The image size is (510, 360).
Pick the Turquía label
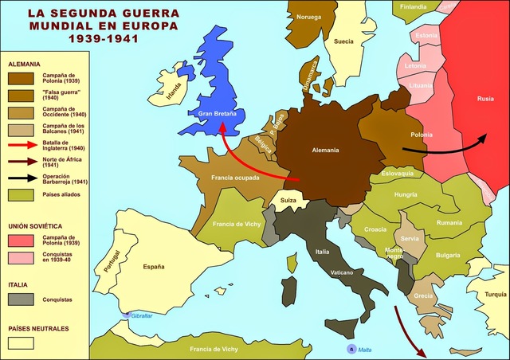click(495, 294)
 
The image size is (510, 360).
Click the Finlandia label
click(413, 7)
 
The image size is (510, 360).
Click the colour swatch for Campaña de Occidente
click(21, 112)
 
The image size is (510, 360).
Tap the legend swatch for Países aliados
click(21, 195)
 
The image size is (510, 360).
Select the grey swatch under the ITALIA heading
click(21, 300)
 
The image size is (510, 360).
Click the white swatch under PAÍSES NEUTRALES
click(21, 343)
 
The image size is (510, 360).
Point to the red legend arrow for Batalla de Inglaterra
click(21, 145)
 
